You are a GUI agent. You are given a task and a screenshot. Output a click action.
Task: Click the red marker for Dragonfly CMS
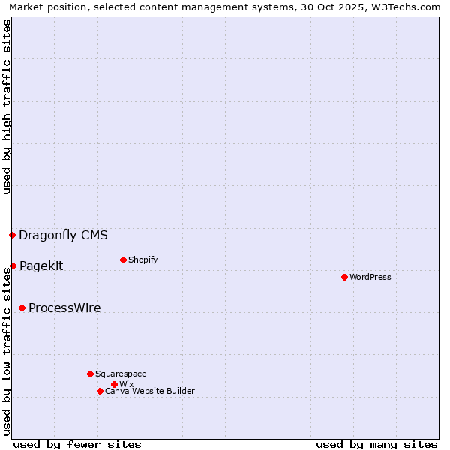tap(12, 235)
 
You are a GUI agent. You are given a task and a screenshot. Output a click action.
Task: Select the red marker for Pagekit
tap(13, 265)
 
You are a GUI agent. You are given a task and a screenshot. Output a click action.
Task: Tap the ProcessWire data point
tap(22, 307)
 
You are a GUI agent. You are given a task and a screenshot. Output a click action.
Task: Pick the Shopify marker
tap(123, 259)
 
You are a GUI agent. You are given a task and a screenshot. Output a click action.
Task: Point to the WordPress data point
tap(344, 277)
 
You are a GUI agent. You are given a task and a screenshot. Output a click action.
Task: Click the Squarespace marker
tap(90, 373)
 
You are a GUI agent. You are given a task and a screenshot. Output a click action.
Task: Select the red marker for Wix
tap(114, 384)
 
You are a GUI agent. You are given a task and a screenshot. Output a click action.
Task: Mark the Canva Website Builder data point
tap(100, 391)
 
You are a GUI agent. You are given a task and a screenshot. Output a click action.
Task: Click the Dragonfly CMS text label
tap(63, 235)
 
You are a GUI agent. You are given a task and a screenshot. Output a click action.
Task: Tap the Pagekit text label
tap(41, 265)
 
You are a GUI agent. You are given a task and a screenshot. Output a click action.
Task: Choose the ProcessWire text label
tap(64, 307)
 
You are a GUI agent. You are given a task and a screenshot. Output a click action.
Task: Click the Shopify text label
tap(142, 259)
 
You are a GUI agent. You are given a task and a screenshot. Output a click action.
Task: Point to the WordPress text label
tap(370, 277)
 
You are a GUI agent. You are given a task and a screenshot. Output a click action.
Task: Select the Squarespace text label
tap(121, 373)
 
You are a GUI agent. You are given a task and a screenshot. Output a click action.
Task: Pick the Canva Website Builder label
tap(150, 391)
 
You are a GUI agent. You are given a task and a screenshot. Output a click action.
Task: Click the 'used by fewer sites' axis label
tap(77, 444)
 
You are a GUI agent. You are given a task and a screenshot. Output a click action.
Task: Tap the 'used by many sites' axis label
tap(376, 444)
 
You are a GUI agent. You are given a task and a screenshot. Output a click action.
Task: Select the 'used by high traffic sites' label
tap(7, 107)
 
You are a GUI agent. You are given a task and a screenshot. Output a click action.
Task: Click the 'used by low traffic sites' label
tap(7, 350)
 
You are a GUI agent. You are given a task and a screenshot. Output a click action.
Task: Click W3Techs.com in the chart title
tap(408, 7)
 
